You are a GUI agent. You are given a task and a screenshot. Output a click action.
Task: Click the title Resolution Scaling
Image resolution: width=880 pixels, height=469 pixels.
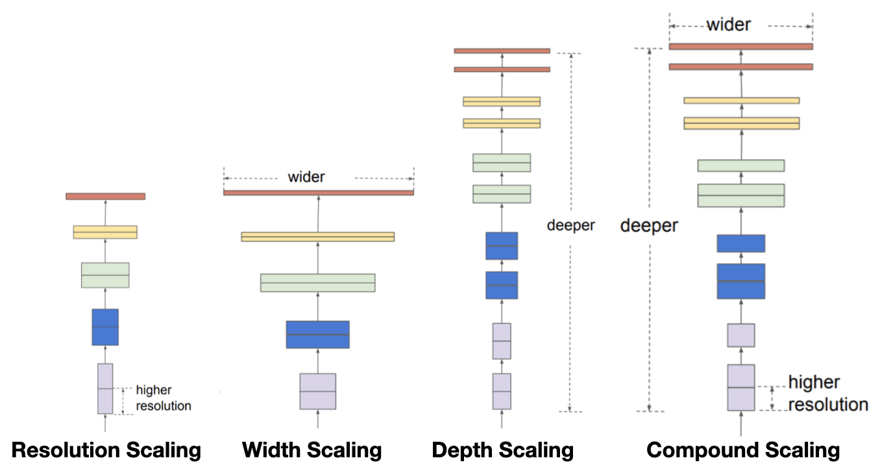tap(106, 450)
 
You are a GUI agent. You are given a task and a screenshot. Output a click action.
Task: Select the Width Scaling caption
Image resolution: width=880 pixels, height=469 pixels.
tap(312, 450)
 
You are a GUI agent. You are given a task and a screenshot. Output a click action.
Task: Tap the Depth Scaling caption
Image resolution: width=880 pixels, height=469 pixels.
tap(502, 450)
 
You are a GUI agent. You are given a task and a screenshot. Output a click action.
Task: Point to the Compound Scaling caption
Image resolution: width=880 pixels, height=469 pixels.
tap(743, 450)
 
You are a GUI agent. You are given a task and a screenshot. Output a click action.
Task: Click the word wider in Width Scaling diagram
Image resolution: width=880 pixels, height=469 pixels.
tap(306, 177)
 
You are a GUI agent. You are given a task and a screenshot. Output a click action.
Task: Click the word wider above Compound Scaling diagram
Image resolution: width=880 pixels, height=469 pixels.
tap(728, 25)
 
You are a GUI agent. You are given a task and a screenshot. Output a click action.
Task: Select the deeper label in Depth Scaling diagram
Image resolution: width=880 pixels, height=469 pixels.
tap(570, 225)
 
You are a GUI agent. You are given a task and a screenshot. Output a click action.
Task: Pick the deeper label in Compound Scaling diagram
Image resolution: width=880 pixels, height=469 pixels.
tap(649, 225)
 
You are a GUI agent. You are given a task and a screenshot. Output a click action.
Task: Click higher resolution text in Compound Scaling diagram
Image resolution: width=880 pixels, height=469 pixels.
tap(827, 393)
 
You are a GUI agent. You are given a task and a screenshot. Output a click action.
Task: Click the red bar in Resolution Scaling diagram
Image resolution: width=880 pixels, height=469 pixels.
tap(105, 196)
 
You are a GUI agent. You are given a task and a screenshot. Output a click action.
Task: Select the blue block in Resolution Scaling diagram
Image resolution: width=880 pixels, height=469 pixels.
tap(105, 327)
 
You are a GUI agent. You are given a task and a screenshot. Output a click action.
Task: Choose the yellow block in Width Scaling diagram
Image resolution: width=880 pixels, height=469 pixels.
tap(317, 237)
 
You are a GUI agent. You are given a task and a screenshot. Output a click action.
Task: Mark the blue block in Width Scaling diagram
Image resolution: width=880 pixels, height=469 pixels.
tap(317, 335)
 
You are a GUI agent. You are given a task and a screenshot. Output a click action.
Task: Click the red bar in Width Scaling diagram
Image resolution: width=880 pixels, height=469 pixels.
tap(318, 192)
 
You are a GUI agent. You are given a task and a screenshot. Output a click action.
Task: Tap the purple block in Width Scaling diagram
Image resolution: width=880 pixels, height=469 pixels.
tap(317, 391)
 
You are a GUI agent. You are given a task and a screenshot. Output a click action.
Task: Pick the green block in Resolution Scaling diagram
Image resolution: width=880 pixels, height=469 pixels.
tap(105, 275)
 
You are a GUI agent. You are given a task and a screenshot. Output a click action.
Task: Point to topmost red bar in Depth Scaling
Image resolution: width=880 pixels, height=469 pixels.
tap(502, 51)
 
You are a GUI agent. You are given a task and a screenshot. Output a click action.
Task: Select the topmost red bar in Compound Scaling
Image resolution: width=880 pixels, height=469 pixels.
tap(740, 47)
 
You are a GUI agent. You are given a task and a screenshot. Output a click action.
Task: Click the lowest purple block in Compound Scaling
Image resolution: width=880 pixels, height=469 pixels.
tap(740, 387)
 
